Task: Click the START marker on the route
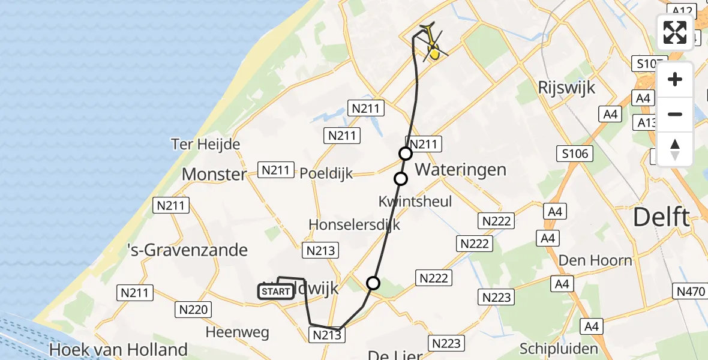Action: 276,292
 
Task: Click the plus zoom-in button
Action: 675,80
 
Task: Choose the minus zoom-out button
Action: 675,114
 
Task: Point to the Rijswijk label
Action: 567,88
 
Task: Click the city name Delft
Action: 662,217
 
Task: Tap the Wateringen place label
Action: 460,169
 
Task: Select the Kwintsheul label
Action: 415,201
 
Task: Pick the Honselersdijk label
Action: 354,224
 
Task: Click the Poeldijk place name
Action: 326,174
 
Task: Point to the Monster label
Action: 214,175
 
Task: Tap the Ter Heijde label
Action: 205,145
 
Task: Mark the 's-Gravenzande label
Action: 188,250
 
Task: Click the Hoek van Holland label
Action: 118,349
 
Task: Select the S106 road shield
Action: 576,154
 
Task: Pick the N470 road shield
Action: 691,292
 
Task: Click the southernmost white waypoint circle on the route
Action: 373,283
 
